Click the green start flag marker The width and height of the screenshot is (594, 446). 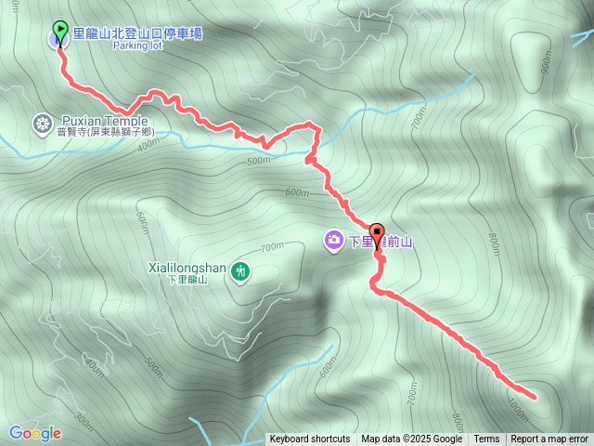pyautogui.click(x=60, y=31)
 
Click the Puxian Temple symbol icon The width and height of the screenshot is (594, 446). pyautogui.click(x=43, y=124)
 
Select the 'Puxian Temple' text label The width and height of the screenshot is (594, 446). pyautogui.click(x=104, y=121)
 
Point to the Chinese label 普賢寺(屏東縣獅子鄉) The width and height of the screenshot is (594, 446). pyautogui.click(x=104, y=133)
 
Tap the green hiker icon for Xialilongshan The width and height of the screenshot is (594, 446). pyautogui.click(x=241, y=270)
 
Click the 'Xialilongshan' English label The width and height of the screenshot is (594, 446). pyautogui.click(x=187, y=268)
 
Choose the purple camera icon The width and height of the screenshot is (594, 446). pyautogui.click(x=333, y=242)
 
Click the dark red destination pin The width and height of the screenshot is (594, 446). pyautogui.click(x=377, y=232)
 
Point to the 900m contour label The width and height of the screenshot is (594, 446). pyautogui.click(x=545, y=62)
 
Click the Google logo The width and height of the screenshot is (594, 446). pyautogui.click(x=35, y=433)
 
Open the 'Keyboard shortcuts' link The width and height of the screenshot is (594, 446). pyautogui.click(x=310, y=439)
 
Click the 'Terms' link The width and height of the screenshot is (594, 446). pyautogui.click(x=486, y=439)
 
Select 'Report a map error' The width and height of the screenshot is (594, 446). pyautogui.click(x=549, y=439)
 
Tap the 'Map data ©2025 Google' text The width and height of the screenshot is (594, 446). pyautogui.click(x=411, y=439)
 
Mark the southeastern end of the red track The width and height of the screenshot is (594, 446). pyautogui.click(x=534, y=394)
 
